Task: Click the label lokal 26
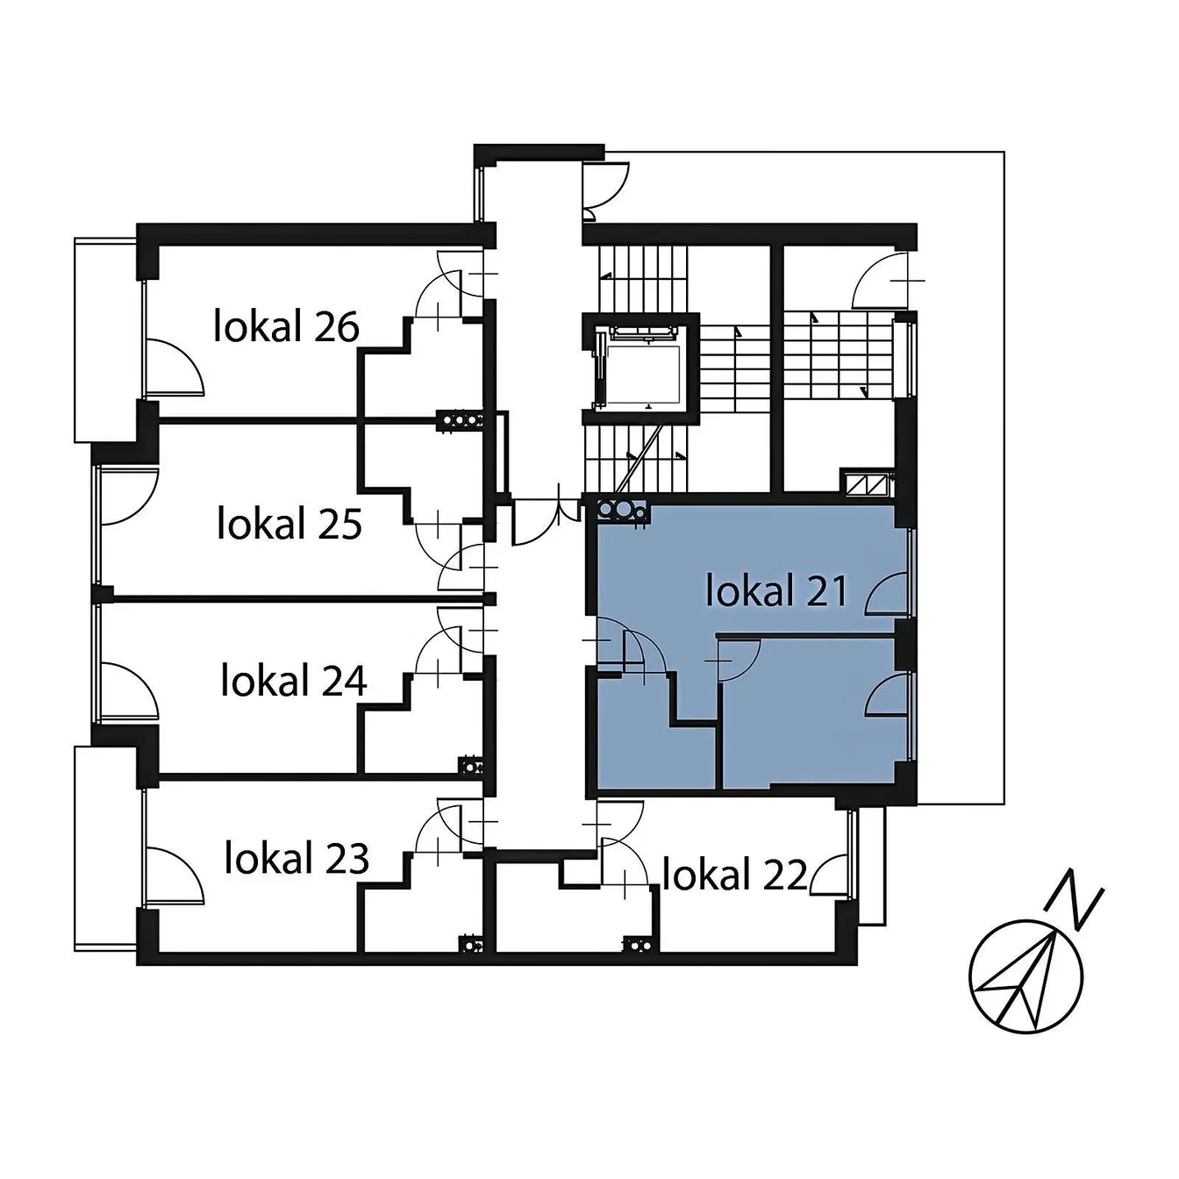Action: coord(286,326)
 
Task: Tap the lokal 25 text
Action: coord(289,524)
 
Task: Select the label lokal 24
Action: coord(294,681)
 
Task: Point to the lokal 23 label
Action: coord(297,858)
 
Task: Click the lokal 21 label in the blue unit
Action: coord(777,590)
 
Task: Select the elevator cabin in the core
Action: coord(641,369)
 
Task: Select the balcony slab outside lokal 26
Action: coord(104,339)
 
